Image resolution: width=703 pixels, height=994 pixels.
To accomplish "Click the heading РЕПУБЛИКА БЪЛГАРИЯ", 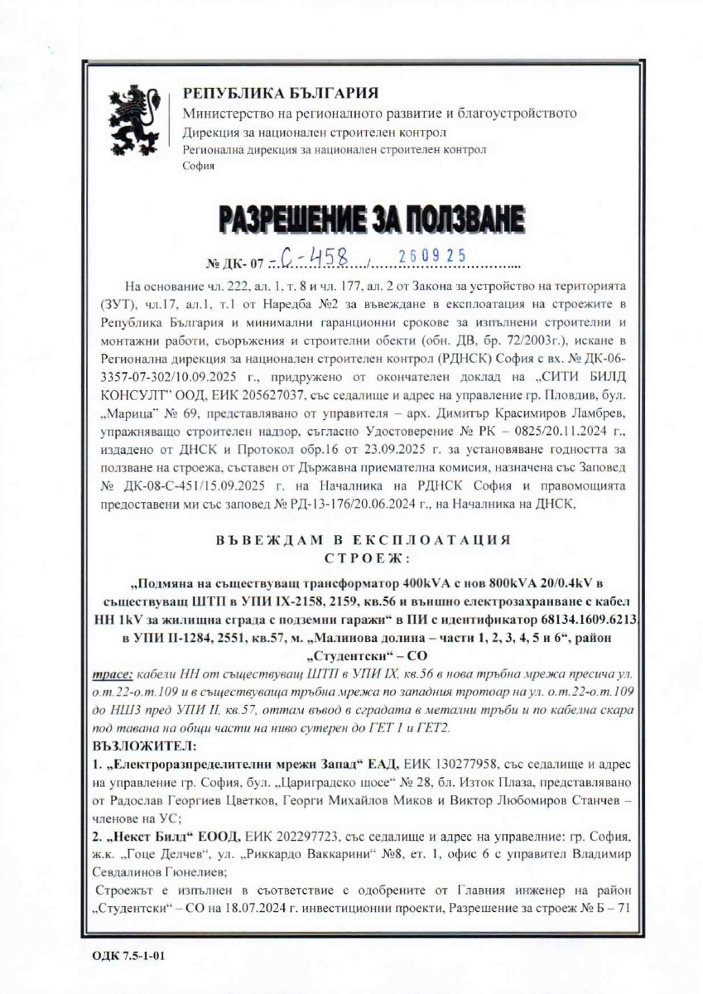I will (282, 93).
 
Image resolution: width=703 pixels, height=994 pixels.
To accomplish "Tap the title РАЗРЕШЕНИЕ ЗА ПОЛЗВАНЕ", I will (372, 220).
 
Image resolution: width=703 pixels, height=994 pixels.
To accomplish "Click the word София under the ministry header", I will (198, 166).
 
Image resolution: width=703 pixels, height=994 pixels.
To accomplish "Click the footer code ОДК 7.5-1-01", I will (130, 956).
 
